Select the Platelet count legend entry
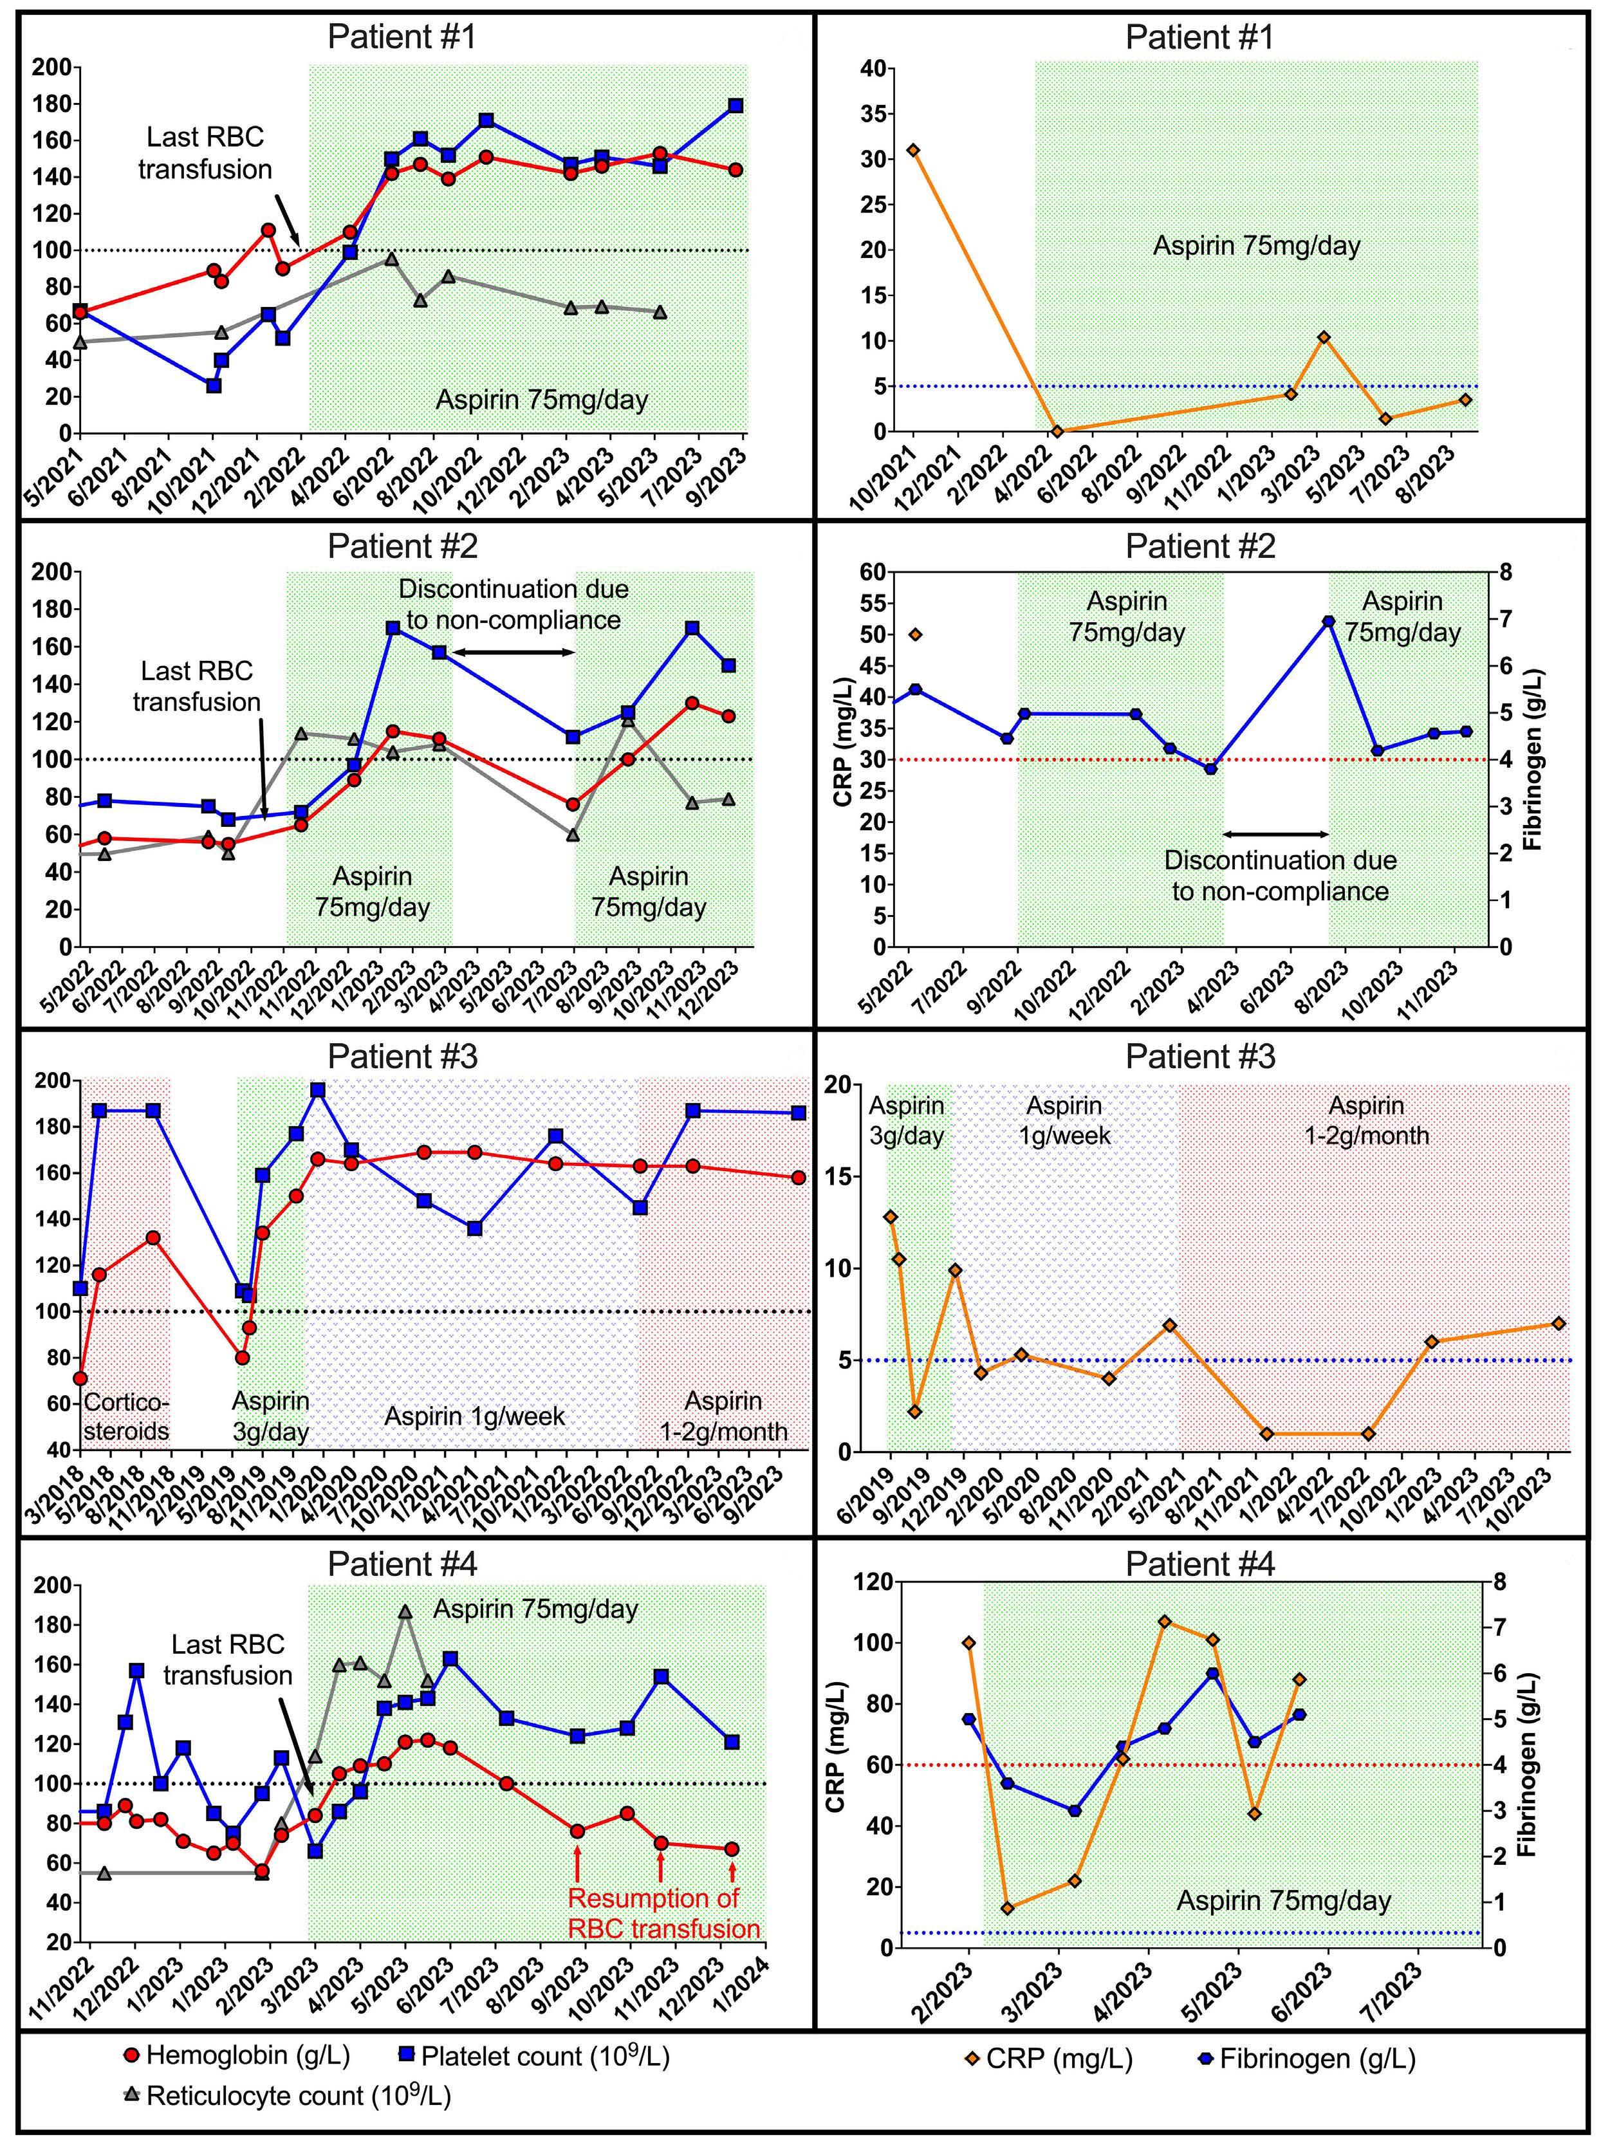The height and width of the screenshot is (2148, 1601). click(x=533, y=2055)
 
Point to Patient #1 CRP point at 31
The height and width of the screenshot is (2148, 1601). click(x=913, y=150)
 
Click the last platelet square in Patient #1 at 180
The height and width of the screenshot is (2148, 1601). click(x=736, y=106)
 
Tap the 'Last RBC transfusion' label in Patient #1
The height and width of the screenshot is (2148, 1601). click(x=205, y=153)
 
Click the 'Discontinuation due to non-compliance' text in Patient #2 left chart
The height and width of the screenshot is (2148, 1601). click(x=514, y=604)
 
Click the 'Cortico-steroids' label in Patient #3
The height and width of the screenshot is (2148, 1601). click(x=126, y=1416)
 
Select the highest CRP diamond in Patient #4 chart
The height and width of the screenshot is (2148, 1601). click(x=1165, y=1622)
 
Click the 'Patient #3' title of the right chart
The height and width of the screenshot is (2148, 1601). click(x=1199, y=1057)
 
